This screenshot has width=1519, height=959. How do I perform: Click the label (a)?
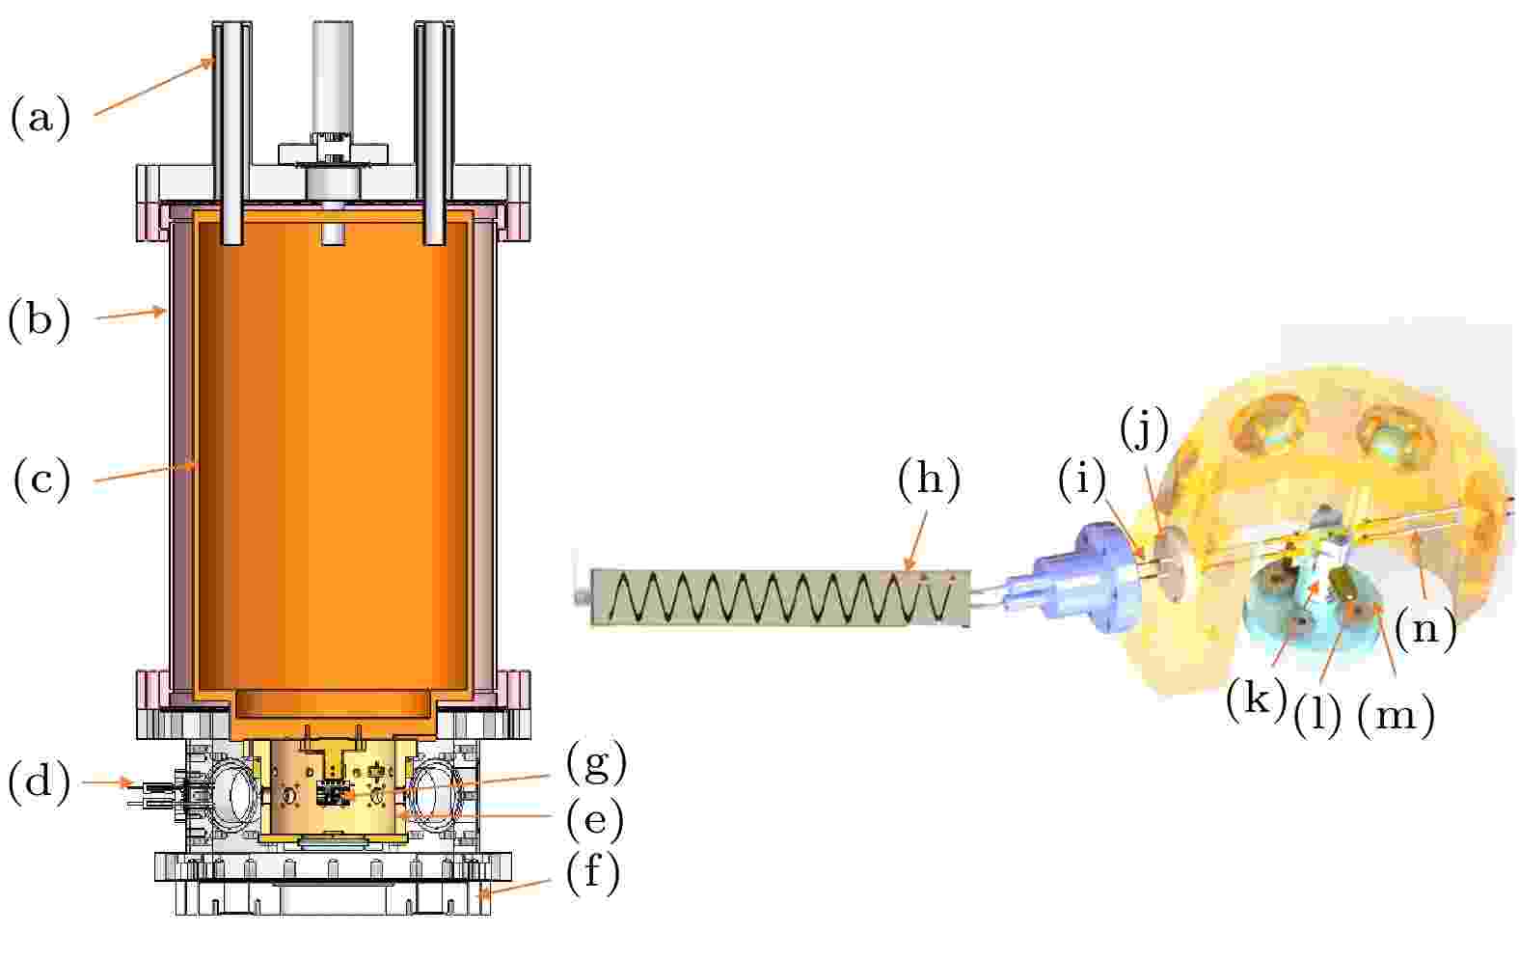41,118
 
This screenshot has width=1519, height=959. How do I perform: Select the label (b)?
40,319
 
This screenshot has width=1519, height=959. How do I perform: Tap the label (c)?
41,479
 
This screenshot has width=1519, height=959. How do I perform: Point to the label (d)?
40,782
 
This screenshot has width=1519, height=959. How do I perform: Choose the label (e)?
595,819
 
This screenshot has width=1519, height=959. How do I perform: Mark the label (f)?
593,872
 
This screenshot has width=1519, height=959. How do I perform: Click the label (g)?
596,762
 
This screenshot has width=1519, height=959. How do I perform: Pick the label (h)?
929,479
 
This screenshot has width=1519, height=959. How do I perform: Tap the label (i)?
1081,479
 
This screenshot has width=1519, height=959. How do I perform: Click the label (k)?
1257,697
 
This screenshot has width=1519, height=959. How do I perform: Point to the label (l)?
1316,714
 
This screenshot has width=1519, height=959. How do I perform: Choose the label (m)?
1397,714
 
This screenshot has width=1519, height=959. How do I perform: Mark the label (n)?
1426,629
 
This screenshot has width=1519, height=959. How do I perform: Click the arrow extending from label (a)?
154,86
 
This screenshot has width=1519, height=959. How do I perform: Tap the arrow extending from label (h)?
917,540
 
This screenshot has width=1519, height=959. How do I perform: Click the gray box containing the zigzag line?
780,597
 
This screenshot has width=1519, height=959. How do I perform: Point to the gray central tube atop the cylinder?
333,80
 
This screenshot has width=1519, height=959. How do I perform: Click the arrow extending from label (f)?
515,888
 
